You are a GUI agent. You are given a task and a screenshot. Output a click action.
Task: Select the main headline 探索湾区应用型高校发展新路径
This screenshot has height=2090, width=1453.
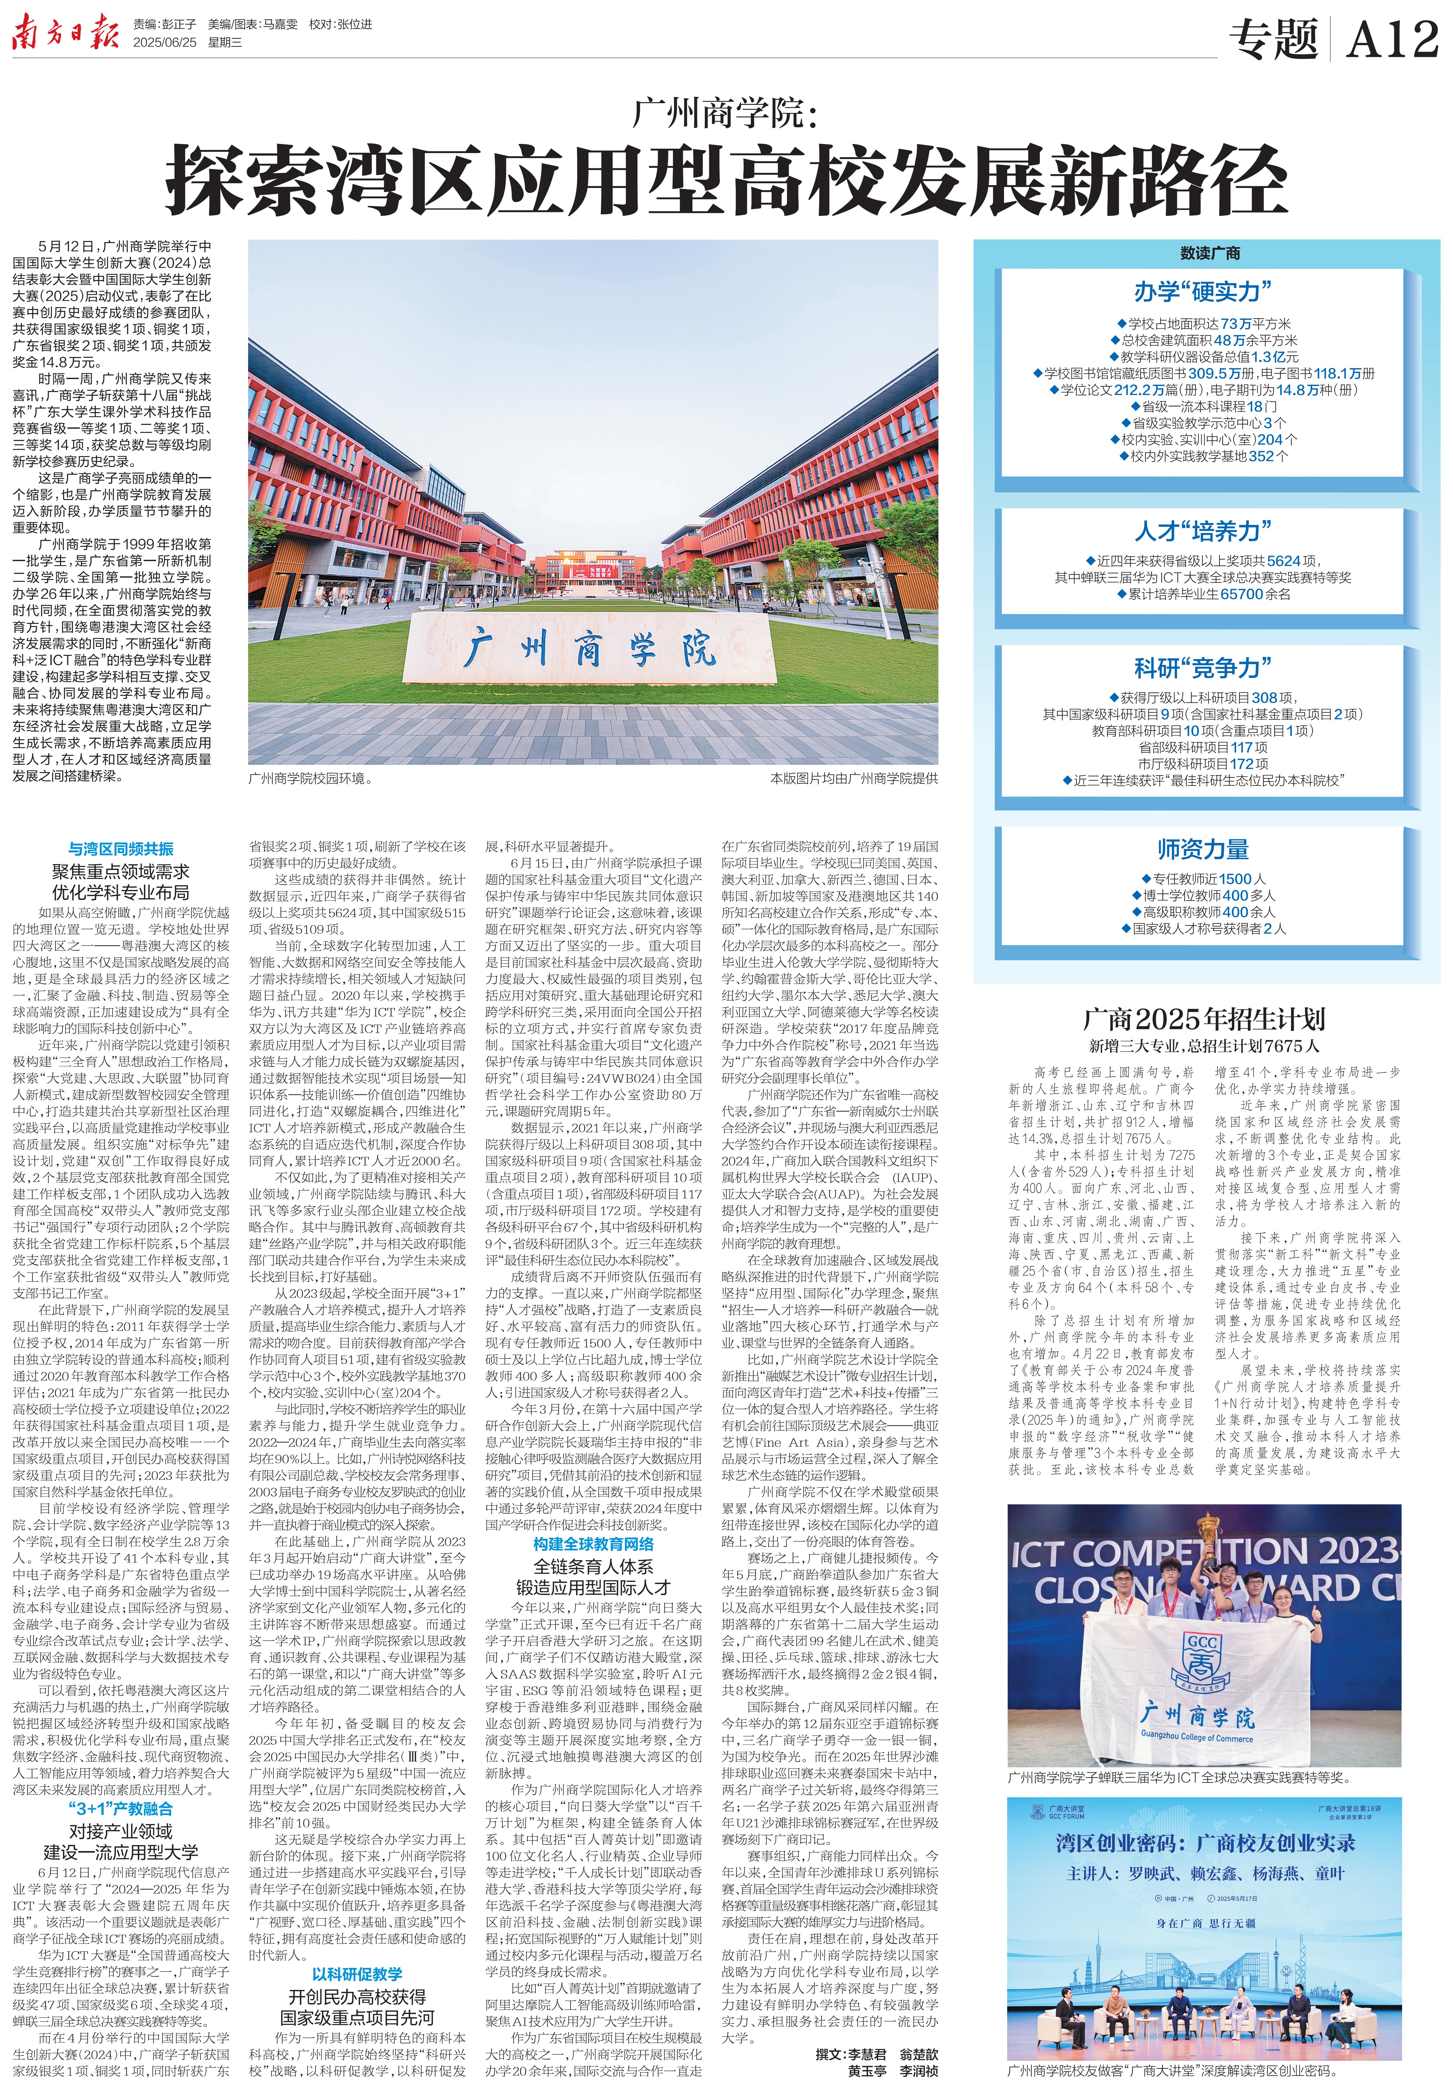coord(726,179)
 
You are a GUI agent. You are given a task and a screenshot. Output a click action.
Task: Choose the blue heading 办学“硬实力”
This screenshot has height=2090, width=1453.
coord(1203,292)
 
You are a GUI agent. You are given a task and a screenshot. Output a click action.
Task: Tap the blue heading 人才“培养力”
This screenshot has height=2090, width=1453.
coord(1203,531)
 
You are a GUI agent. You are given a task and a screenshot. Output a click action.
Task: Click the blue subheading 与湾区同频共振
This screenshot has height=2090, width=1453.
coord(121,848)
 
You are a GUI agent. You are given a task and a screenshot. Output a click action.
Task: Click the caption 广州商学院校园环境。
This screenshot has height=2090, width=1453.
coord(309,778)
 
